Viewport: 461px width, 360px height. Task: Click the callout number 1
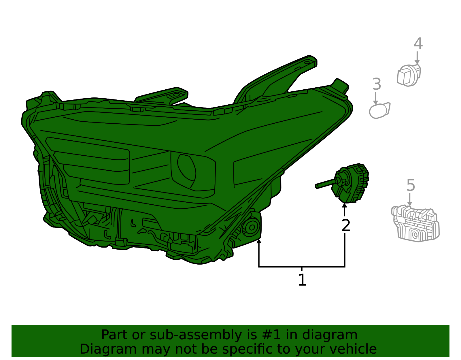tap(302, 280)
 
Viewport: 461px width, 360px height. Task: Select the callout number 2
tap(346, 225)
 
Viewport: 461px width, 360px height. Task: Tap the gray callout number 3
tap(377, 84)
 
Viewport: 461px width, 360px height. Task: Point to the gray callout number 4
tap(418, 44)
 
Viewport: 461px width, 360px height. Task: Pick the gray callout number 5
tap(411, 185)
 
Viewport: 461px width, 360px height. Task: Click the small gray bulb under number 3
tap(379, 110)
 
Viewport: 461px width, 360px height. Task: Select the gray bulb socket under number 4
tap(409, 76)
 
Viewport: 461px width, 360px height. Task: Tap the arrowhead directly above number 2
tap(345, 205)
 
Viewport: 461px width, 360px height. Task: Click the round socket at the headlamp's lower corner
tap(252, 227)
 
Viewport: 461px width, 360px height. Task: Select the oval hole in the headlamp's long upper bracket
tap(307, 63)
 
